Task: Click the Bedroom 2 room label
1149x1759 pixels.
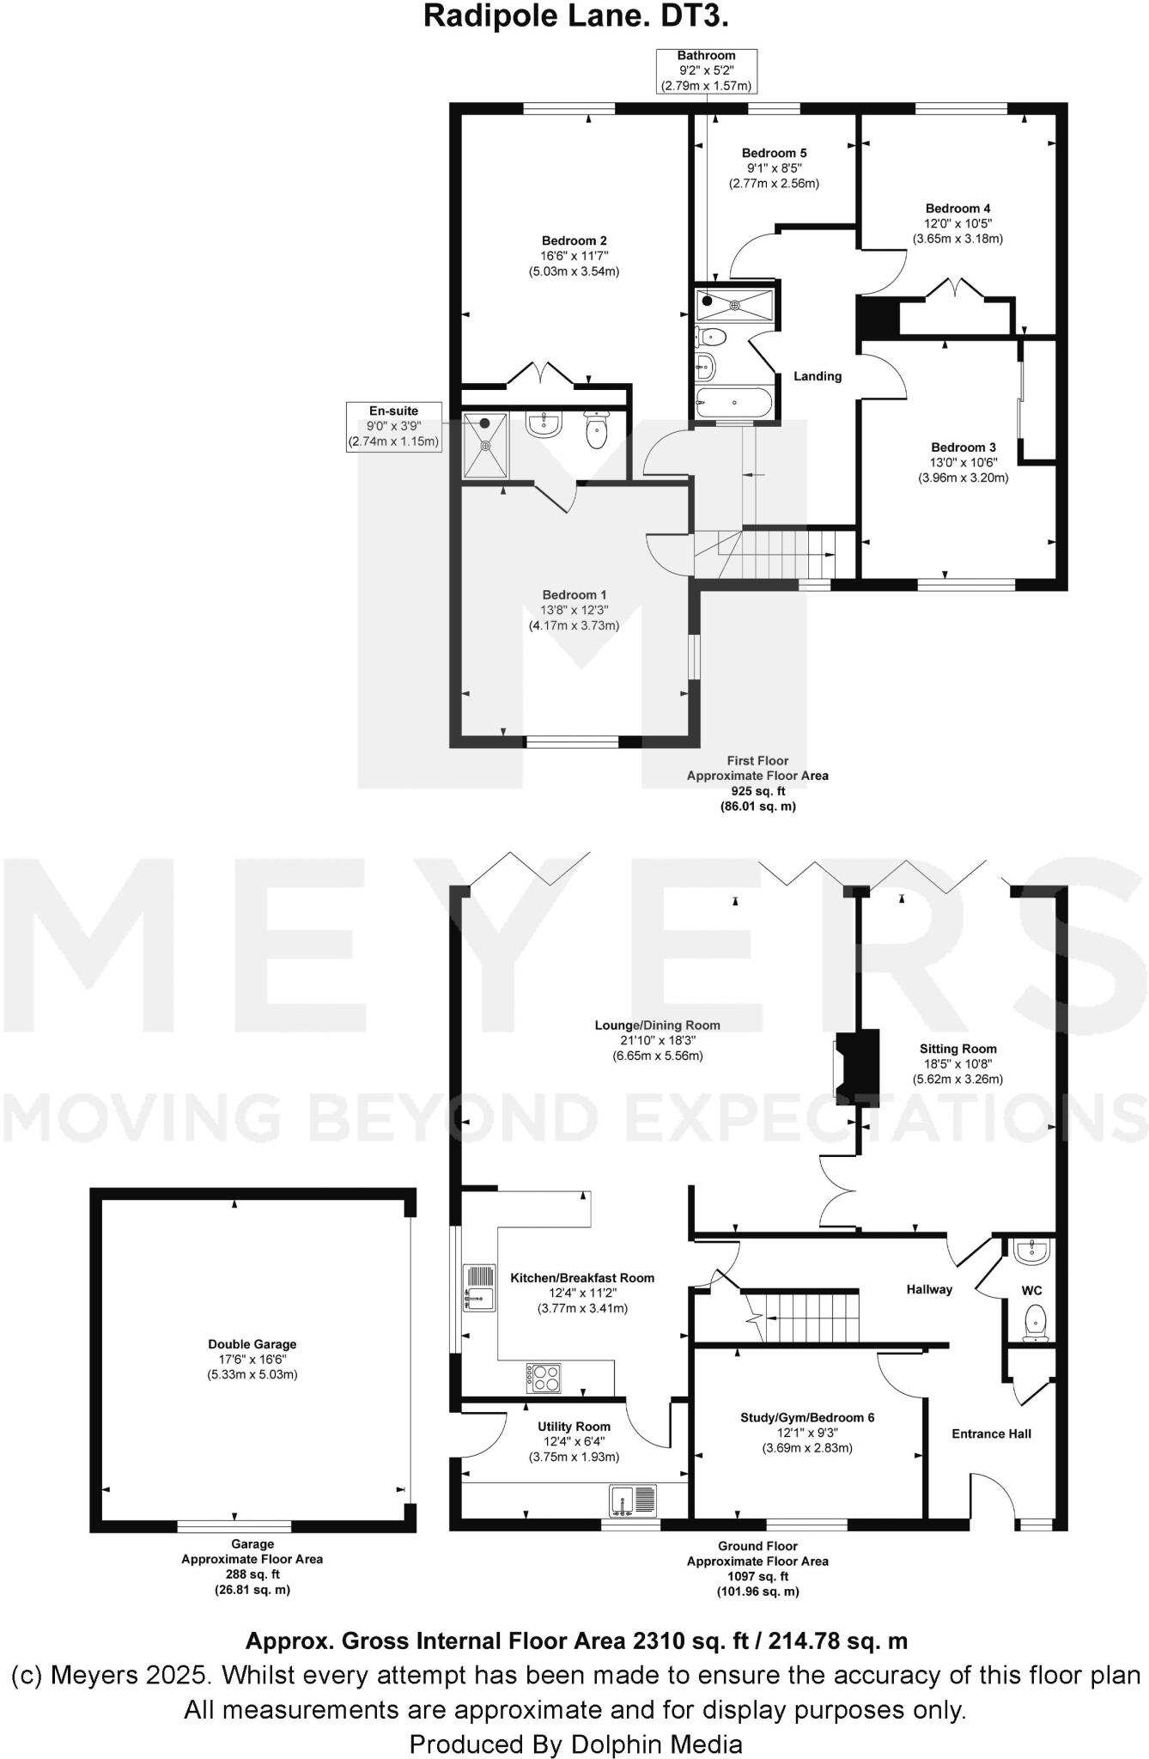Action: [x=574, y=240]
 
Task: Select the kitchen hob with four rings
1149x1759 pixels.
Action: [x=543, y=1378]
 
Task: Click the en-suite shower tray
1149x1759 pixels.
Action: [x=485, y=445]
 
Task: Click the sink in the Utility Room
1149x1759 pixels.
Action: [x=633, y=1500]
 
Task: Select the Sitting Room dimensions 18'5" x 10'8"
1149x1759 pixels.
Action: [x=957, y=1063]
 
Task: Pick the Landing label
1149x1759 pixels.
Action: [x=817, y=376]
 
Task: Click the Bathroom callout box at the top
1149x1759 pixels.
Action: [x=706, y=70]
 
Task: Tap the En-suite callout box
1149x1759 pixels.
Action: [x=393, y=426]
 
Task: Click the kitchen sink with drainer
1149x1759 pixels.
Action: [x=478, y=1287]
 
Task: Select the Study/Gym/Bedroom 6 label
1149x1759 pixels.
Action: [x=807, y=1417]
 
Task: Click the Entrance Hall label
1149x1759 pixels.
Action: [x=991, y=1433]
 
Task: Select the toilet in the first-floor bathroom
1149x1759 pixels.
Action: [x=711, y=336]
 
